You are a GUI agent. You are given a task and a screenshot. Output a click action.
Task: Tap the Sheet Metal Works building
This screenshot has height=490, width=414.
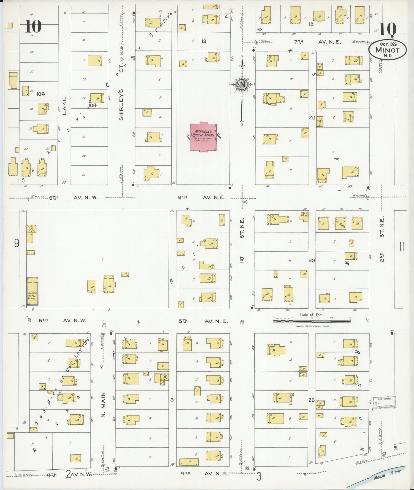point(32,291)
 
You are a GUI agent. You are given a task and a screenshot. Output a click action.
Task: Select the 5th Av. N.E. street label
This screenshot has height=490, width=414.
point(203,321)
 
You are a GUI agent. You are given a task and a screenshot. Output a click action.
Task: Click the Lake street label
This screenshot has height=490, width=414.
point(64,106)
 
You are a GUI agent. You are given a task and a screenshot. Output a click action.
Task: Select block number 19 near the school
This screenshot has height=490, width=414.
point(204,41)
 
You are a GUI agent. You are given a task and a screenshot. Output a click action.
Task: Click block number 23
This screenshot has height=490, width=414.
point(312,260)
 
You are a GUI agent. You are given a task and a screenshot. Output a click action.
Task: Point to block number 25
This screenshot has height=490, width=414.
point(312,400)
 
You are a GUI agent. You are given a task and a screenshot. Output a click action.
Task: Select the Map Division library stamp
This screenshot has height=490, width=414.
point(384,403)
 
